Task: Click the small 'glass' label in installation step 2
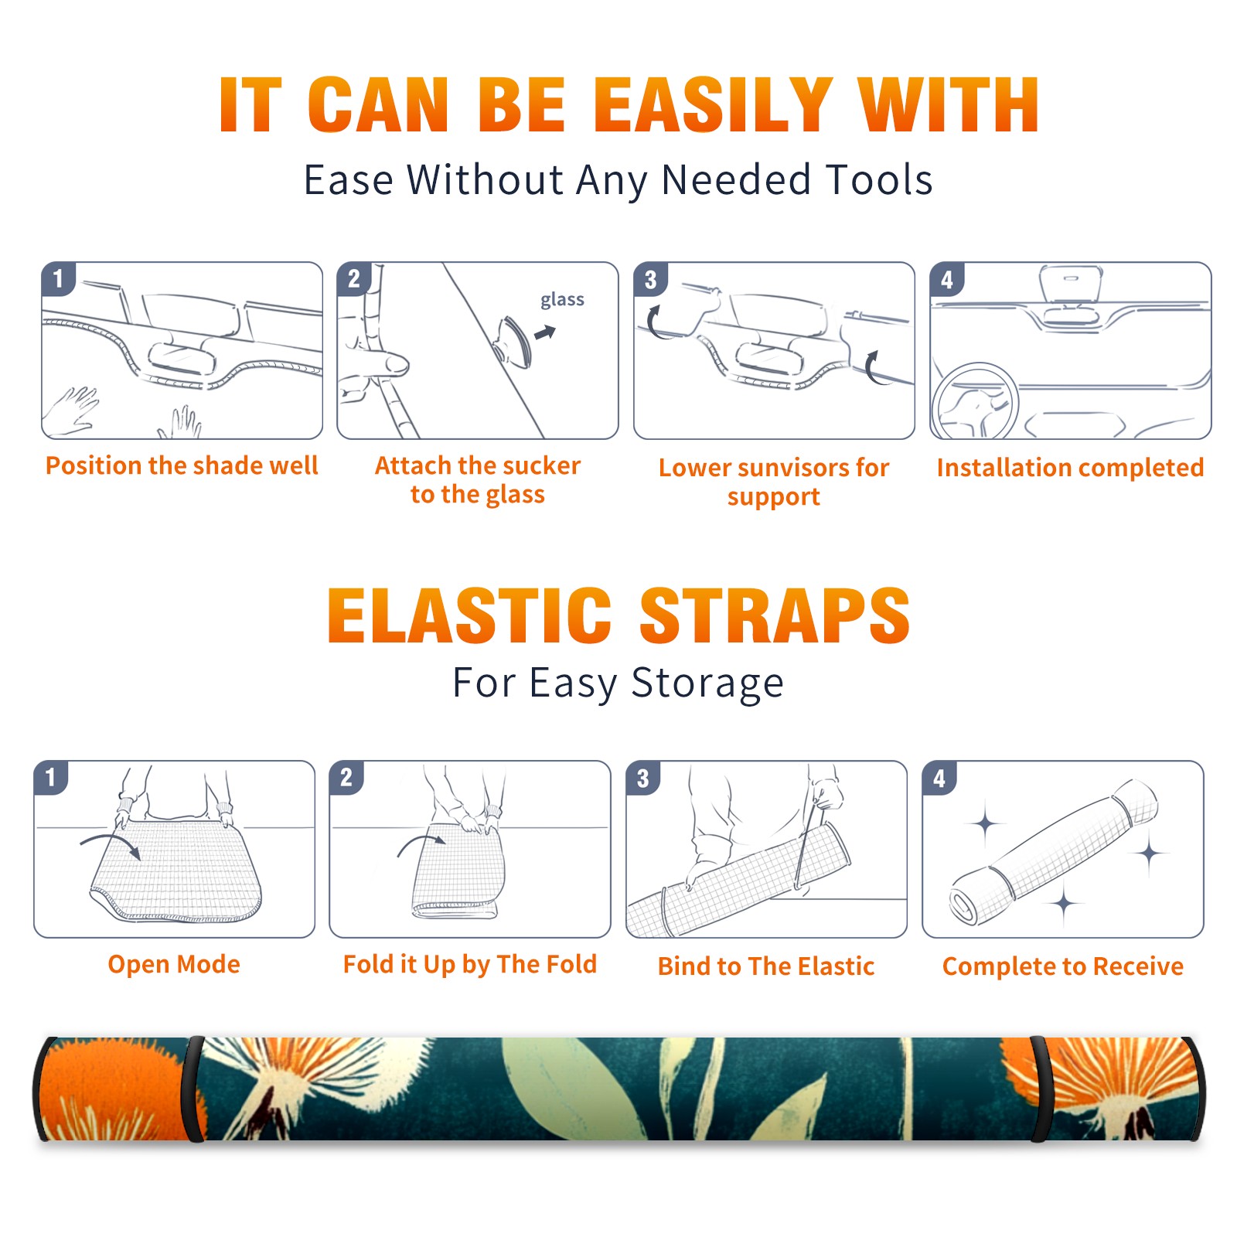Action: coord(562,300)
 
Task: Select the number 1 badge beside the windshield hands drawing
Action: coord(58,278)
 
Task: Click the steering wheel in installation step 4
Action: coord(976,400)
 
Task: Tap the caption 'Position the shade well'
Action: coord(182,465)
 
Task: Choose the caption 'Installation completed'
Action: coord(1070,468)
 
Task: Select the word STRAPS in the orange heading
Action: coord(775,615)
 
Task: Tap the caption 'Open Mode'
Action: coord(174,964)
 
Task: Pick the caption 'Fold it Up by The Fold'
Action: coord(470,965)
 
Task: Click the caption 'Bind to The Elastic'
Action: coord(766,966)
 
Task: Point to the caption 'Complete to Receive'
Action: coord(1063,966)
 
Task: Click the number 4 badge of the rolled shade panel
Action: coord(939,777)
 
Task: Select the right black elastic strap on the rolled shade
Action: coord(1038,1089)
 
